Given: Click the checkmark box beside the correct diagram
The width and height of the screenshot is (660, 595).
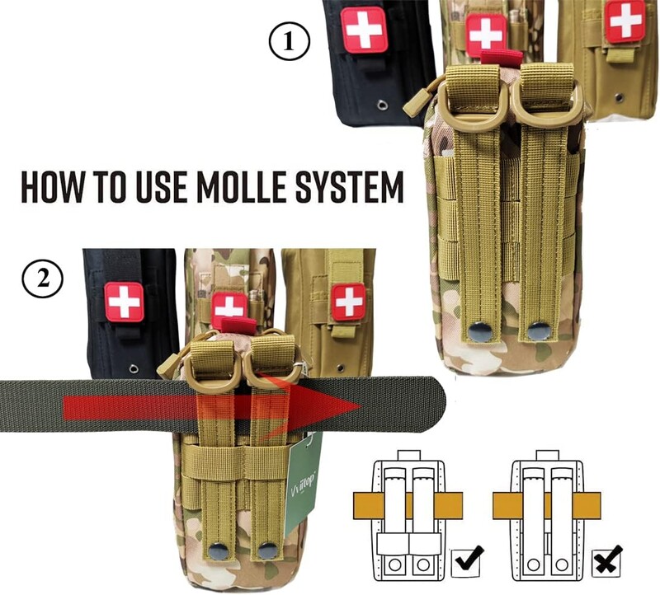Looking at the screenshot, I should coord(466,563).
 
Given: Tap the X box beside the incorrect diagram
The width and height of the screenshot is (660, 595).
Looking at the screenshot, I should coord(606,563).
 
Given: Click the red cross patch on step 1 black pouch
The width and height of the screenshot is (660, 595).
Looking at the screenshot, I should coord(364,30).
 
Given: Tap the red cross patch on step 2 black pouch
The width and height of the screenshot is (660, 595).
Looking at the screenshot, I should coord(125,302).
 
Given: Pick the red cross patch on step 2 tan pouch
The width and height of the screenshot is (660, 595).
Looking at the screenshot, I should coord(348,302).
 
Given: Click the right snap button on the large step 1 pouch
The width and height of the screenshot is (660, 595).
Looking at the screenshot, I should coord(539,331).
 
